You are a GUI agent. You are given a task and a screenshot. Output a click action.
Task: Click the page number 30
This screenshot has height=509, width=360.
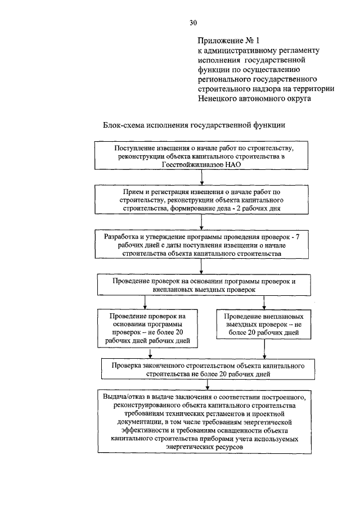point(193,22)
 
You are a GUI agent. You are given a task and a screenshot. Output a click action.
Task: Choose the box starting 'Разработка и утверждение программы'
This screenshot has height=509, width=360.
point(202,245)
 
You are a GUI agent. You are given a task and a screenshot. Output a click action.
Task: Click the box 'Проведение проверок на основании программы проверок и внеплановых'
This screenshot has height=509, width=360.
point(203,285)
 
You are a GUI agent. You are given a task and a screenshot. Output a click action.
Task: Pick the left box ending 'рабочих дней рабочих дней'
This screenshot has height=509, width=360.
point(147,328)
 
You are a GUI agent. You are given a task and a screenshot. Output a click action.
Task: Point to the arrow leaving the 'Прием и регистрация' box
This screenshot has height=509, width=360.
point(202,223)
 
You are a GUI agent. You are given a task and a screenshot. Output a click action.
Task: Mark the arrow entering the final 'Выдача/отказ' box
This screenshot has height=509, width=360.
point(208,385)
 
